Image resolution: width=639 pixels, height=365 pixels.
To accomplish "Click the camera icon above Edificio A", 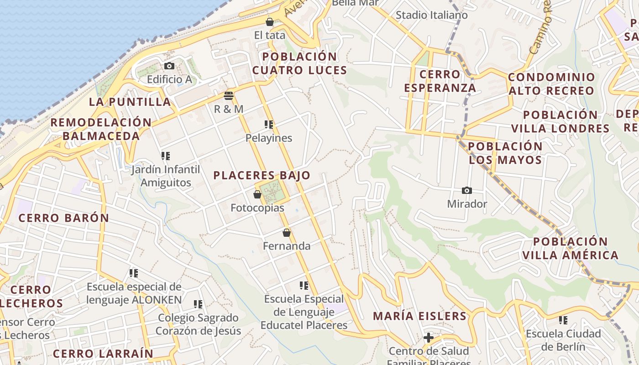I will [169, 66].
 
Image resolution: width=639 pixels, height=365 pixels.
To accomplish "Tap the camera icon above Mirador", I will [466, 190].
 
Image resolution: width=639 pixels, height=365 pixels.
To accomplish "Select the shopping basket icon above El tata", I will [270, 21].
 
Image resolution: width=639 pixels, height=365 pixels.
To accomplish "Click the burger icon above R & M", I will [229, 96].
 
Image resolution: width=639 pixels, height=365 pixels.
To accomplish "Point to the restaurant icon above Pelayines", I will [269, 124].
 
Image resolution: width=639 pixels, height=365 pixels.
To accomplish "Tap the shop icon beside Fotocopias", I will [257, 194].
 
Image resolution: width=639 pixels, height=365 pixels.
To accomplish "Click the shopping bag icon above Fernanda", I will [287, 233].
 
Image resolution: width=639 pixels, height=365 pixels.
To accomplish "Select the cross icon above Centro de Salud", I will [428, 338].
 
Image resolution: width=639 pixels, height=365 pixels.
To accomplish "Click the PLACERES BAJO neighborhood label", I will [262, 175].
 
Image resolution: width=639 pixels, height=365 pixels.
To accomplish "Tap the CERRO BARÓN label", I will [64, 218].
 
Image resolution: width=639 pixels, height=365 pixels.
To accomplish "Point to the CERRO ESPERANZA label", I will [440, 81].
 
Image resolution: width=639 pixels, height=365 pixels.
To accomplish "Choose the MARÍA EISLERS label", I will [419, 316].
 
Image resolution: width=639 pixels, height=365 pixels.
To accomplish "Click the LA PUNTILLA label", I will [130, 102].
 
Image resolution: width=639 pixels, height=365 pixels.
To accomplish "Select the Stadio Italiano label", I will [431, 15].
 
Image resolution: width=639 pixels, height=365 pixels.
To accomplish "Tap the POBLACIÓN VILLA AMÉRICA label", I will [570, 248].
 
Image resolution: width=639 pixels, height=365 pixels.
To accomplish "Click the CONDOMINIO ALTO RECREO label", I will [551, 83].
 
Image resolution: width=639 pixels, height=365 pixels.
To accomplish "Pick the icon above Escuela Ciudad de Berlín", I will [564, 320].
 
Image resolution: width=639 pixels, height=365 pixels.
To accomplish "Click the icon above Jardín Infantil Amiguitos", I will [166, 156].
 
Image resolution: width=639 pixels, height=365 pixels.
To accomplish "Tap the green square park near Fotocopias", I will [273, 192].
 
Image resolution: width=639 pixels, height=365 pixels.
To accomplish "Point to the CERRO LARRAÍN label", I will [103, 354].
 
